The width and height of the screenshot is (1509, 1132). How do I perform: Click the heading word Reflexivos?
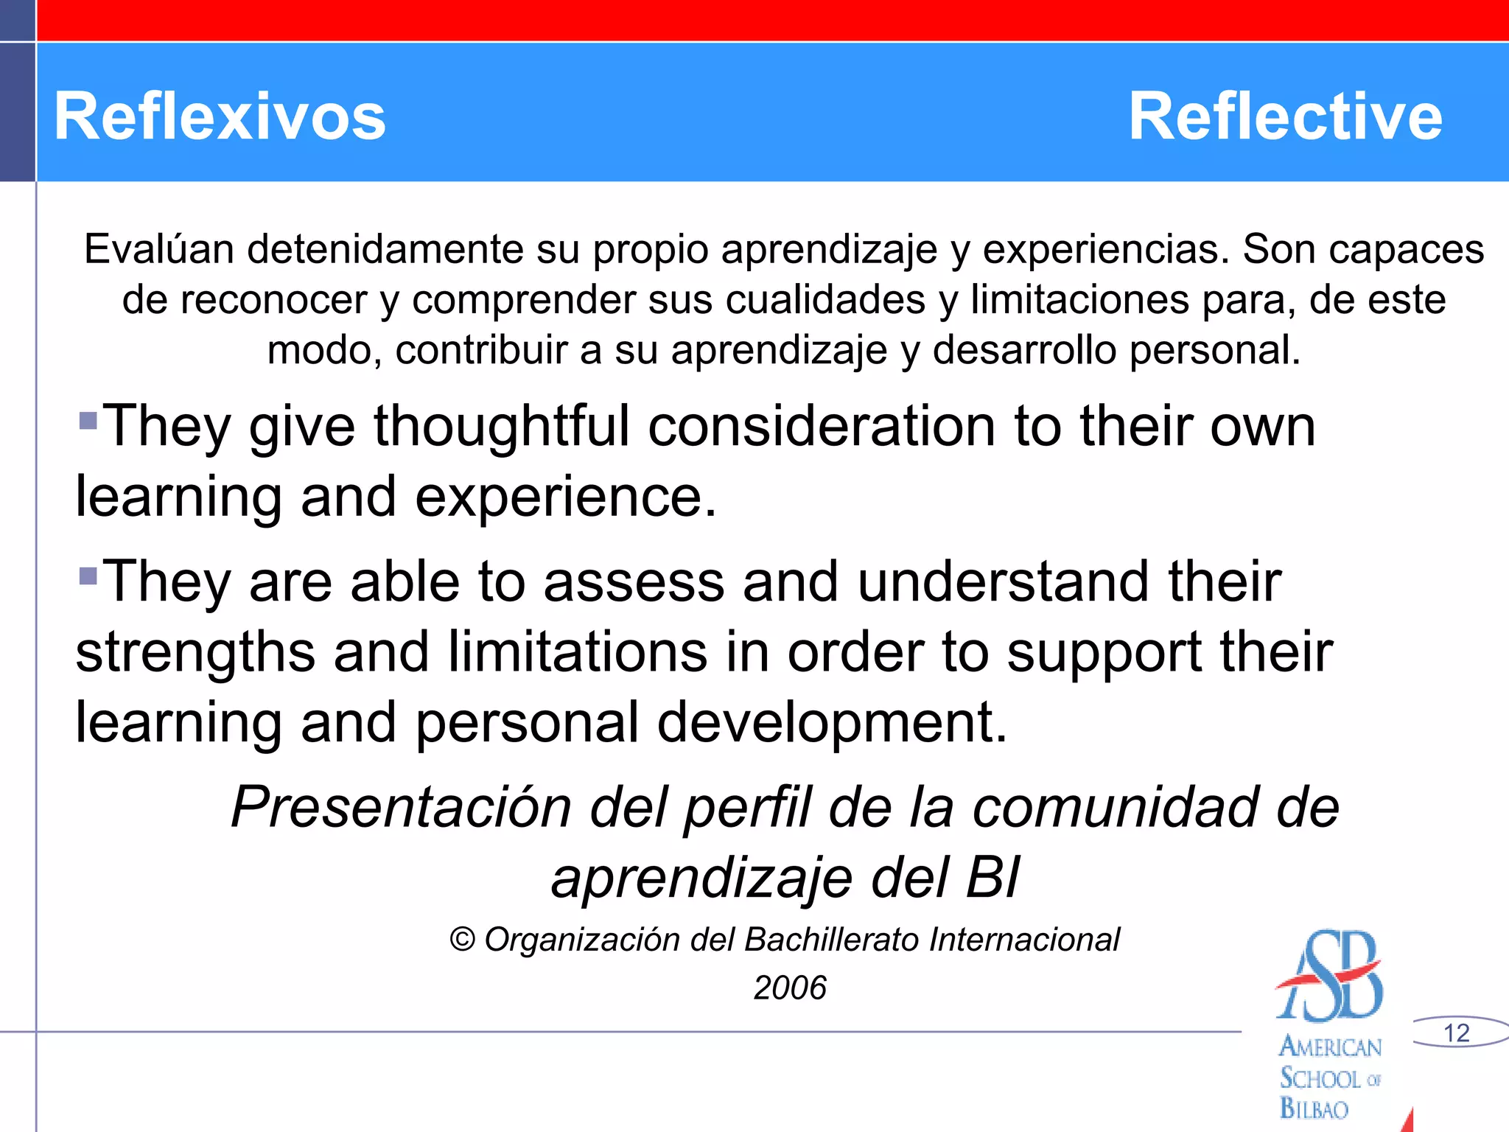(x=220, y=116)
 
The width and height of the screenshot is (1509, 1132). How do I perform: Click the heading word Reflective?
(x=1285, y=116)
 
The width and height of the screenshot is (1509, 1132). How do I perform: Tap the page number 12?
(x=1456, y=1033)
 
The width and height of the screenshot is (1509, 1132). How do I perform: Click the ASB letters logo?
(x=1331, y=976)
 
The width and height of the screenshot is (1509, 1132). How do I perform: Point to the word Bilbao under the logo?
(x=1314, y=1108)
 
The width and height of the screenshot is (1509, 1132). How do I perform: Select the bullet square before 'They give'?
(x=88, y=421)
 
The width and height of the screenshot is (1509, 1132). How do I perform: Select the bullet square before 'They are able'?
(x=88, y=576)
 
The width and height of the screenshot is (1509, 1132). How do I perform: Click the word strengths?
(x=195, y=652)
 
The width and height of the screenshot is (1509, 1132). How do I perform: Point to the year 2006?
(x=790, y=988)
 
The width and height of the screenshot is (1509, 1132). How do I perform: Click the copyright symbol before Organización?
(x=462, y=940)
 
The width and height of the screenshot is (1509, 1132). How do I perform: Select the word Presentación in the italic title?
(x=401, y=808)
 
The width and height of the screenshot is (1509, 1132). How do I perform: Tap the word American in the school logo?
(x=1330, y=1047)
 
